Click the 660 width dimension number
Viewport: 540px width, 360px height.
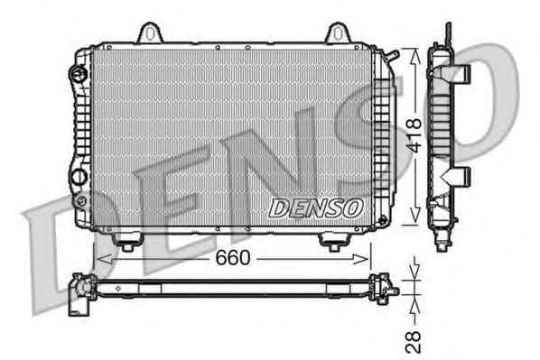(232, 257)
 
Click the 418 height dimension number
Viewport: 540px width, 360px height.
(414, 135)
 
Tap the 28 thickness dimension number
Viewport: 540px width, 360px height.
(414, 342)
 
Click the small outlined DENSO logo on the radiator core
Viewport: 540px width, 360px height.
(316, 208)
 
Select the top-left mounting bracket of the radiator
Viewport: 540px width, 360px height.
(150, 33)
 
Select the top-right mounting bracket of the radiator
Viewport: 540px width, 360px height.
(338, 33)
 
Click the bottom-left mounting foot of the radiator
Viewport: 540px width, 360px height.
(127, 242)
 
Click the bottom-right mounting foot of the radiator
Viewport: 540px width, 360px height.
(334, 242)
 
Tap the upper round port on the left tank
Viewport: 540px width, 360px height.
(79, 73)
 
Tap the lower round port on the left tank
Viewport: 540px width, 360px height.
(79, 177)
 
